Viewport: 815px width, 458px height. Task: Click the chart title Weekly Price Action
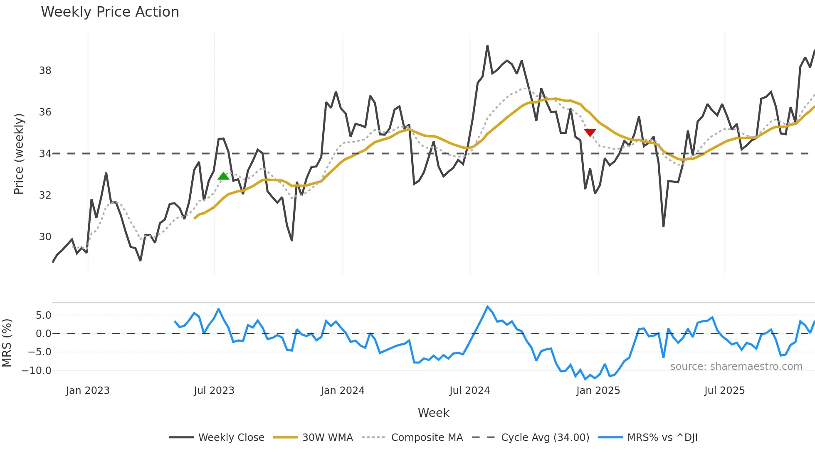110,12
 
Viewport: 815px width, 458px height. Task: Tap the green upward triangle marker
223,176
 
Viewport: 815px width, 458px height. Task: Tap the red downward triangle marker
590,133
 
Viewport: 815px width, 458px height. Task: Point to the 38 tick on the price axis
45,71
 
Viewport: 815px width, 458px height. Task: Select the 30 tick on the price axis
45,237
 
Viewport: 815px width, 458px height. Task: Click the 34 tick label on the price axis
45,154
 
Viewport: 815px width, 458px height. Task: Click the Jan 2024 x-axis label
342,391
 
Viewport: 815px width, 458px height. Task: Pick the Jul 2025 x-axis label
724,391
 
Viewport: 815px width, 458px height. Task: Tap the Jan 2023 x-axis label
87,391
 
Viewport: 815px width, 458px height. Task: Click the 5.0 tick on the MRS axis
43,315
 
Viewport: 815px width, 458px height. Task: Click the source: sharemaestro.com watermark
736,367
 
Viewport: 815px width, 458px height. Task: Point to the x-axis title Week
433,413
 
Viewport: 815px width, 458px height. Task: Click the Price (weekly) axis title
19,154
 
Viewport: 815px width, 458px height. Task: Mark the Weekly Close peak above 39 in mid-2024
487,46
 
